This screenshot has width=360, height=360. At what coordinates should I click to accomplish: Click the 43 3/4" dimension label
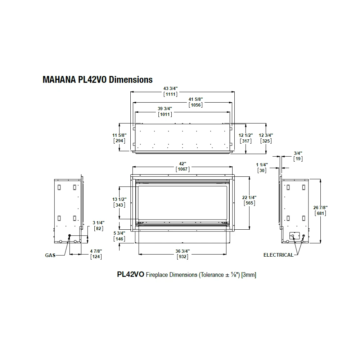[171, 89]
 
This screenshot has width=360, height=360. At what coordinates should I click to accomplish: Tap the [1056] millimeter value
[195, 105]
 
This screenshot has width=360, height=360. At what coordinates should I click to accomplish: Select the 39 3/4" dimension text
[165, 109]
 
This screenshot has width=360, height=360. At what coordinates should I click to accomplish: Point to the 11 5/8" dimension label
[120, 135]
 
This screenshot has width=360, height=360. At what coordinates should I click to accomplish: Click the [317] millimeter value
[246, 141]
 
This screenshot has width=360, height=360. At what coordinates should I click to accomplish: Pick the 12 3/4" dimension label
[266, 135]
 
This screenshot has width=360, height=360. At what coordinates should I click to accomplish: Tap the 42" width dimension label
[183, 164]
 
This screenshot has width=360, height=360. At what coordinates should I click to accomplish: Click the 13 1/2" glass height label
[120, 199]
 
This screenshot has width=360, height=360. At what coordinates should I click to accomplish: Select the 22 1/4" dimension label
[249, 197]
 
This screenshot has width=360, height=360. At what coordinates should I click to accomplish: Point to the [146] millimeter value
[120, 239]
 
